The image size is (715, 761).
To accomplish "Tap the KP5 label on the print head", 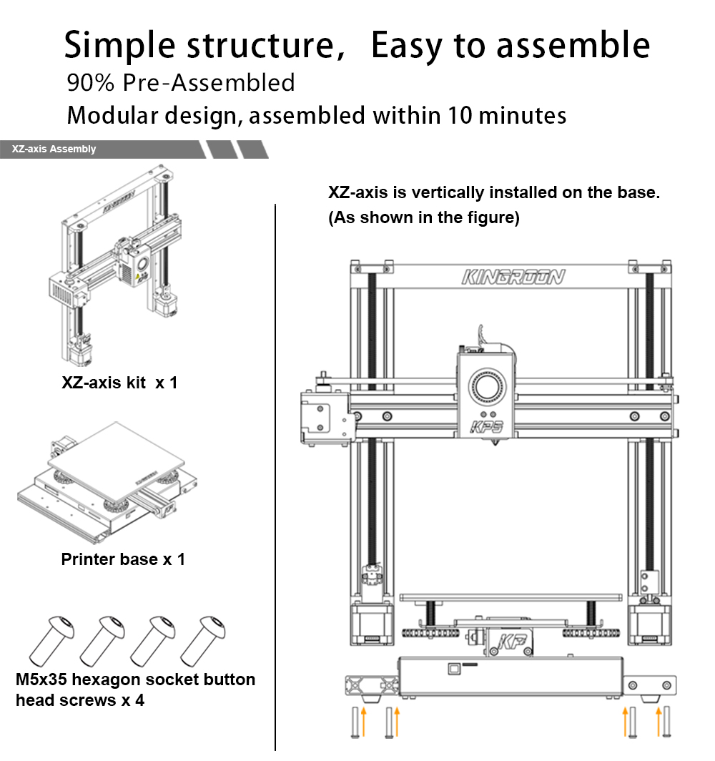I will [487, 427].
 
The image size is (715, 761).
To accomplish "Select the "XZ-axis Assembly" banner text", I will [54, 149].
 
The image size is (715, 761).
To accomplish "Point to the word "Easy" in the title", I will [408, 45].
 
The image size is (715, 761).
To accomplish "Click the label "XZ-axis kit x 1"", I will [119, 383].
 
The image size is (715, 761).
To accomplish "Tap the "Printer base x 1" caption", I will [123, 559].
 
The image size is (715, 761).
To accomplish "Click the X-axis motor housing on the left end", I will [323, 416].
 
